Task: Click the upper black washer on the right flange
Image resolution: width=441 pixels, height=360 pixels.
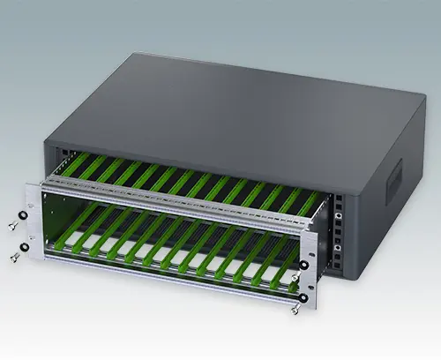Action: click(304, 265)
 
